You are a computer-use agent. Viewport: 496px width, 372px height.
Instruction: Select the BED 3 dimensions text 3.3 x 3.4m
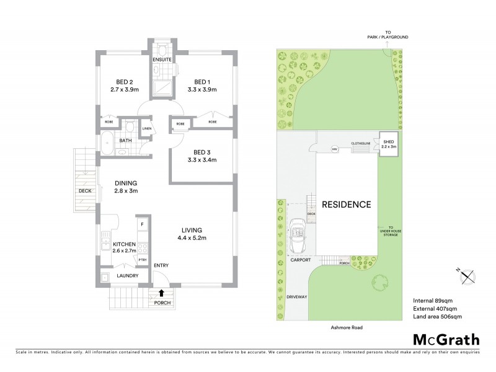click(x=202, y=160)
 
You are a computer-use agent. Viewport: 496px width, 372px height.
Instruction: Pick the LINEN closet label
click(x=146, y=129)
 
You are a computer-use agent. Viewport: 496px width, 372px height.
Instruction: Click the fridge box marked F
click(x=142, y=224)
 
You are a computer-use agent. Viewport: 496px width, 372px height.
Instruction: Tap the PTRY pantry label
click(x=142, y=260)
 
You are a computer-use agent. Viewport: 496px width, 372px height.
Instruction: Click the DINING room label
click(x=125, y=183)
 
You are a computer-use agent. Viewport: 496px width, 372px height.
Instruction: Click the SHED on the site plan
click(x=387, y=144)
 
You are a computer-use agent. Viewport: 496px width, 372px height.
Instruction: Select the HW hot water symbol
click(x=334, y=148)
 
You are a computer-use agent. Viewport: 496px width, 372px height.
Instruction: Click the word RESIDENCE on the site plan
click(x=346, y=204)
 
